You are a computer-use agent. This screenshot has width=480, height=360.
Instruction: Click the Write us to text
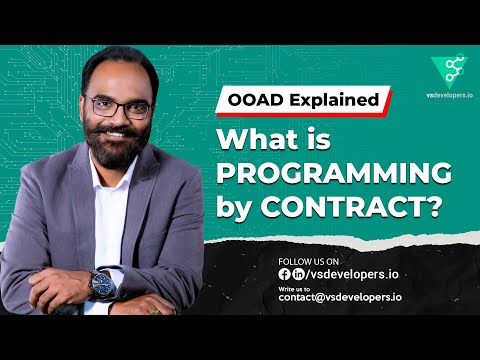(x=299, y=287)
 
